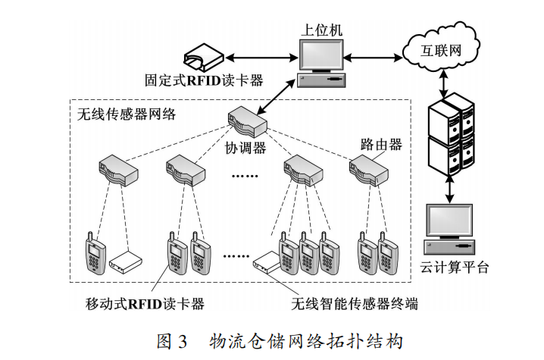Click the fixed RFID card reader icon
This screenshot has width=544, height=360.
(203, 58)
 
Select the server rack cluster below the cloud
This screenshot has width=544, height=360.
(451, 132)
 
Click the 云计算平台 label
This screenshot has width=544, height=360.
(454, 267)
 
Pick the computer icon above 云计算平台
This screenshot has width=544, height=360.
(452, 228)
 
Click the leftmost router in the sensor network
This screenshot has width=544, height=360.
(117, 168)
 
